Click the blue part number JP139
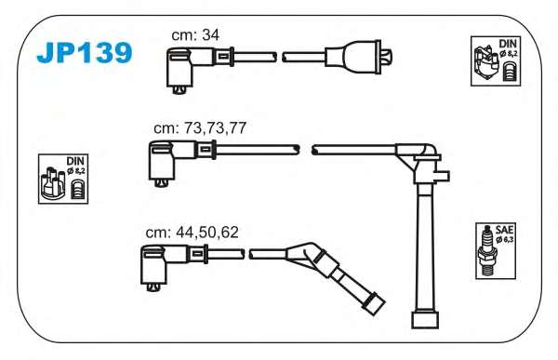point(85,53)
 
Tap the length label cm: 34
point(195,35)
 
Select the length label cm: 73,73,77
point(200,127)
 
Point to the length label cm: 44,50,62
point(192,233)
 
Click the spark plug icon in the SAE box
point(486,250)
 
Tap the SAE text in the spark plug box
point(505,230)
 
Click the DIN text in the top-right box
point(508,44)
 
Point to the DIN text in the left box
point(75,161)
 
